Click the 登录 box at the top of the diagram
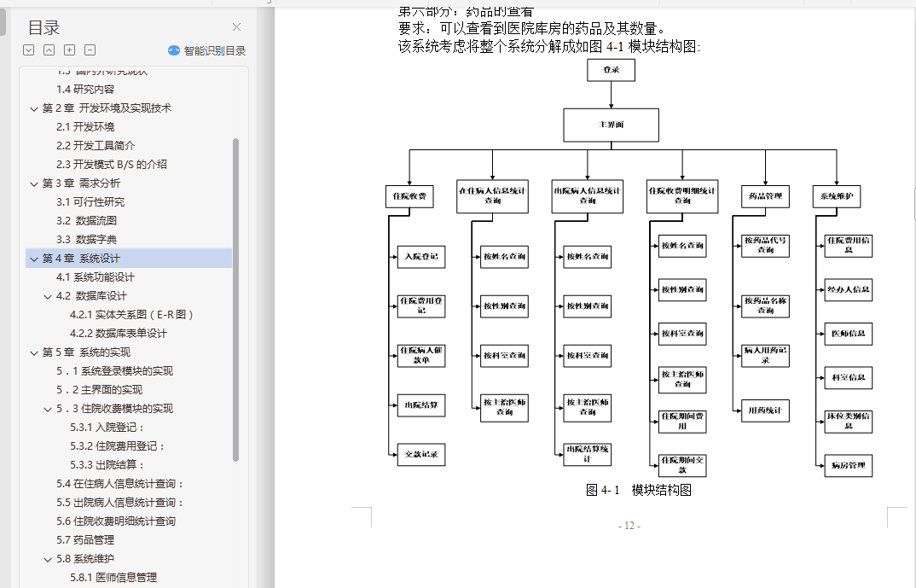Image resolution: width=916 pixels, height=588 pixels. click(x=611, y=69)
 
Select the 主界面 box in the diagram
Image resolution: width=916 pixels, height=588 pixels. click(x=611, y=125)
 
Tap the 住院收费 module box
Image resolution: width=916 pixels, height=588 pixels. click(x=409, y=197)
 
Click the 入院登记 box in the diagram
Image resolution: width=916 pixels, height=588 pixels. click(x=421, y=256)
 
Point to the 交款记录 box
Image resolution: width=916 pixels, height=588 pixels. click(x=421, y=455)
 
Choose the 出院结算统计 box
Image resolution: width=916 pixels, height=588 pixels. click(x=588, y=454)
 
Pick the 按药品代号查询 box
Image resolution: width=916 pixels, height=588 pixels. click(x=765, y=245)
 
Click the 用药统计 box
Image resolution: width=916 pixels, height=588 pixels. click(x=765, y=410)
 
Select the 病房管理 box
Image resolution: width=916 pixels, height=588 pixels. click(x=848, y=465)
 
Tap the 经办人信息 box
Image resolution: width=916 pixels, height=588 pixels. click(x=848, y=289)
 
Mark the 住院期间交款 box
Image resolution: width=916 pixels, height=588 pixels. click(x=682, y=465)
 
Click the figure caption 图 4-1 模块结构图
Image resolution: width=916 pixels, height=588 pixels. click(x=638, y=490)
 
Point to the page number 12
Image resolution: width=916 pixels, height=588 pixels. click(x=629, y=526)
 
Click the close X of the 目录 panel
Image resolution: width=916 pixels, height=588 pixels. click(x=236, y=27)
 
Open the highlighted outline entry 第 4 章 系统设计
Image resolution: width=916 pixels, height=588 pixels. click(x=81, y=259)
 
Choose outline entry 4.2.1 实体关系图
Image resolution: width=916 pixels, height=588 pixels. click(x=132, y=315)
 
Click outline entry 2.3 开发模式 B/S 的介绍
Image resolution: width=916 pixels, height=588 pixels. click(x=112, y=165)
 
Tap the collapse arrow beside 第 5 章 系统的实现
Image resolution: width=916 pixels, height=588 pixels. click(x=34, y=352)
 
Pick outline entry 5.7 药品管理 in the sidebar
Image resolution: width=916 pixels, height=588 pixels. click(x=85, y=540)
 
